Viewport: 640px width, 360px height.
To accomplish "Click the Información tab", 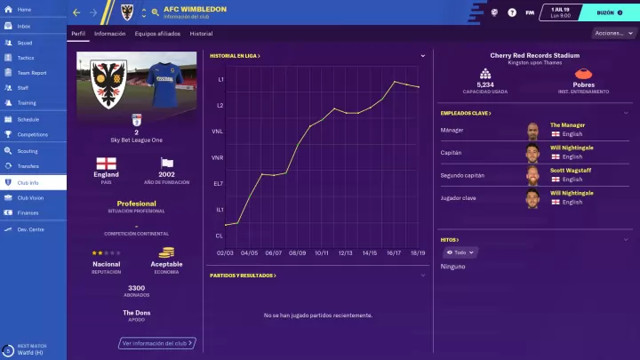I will click(x=110, y=33).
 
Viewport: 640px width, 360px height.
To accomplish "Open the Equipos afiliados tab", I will click(x=157, y=33).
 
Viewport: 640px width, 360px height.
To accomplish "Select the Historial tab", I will click(x=201, y=33).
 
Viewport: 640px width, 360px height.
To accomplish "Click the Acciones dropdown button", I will click(x=612, y=33).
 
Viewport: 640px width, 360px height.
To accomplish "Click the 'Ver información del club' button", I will click(x=156, y=342).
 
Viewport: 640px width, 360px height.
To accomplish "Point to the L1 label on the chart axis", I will click(x=220, y=80).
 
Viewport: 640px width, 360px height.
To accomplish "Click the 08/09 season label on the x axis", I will click(x=297, y=252).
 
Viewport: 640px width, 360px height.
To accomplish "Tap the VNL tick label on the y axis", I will click(x=219, y=132).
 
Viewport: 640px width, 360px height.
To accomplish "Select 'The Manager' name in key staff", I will click(x=568, y=125).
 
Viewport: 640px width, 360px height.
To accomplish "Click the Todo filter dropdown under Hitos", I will click(x=459, y=252).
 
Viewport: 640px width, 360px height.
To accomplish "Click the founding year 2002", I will click(x=166, y=175).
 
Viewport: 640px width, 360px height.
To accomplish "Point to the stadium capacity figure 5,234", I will click(x=485, y=85).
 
